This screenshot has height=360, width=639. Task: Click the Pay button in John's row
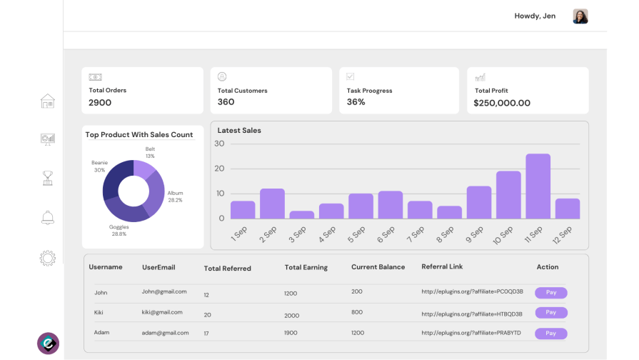[550, 292]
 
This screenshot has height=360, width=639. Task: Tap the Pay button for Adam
[550, 333]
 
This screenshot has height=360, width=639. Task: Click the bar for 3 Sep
[301, 214]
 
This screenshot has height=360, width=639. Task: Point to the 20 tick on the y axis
[219, 169]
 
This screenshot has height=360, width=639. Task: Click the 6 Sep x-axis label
[386, 234]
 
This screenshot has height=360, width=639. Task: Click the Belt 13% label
[150, 152]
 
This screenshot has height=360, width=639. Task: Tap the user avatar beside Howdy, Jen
[580, 16]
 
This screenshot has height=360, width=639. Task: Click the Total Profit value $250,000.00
[502, 103]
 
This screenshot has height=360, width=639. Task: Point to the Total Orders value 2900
[100, 103]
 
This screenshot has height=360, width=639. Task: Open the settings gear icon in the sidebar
[48, 258]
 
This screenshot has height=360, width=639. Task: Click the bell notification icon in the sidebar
[48, 218]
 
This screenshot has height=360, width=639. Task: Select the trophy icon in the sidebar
[48, 178]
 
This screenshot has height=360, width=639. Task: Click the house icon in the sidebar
[48, 101]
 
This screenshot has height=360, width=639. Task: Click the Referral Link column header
[442, 266]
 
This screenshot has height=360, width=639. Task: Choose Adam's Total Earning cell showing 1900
[291, 333]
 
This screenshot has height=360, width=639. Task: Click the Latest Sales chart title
[239, 131]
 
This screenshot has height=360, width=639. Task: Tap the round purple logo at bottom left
[48, 343]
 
